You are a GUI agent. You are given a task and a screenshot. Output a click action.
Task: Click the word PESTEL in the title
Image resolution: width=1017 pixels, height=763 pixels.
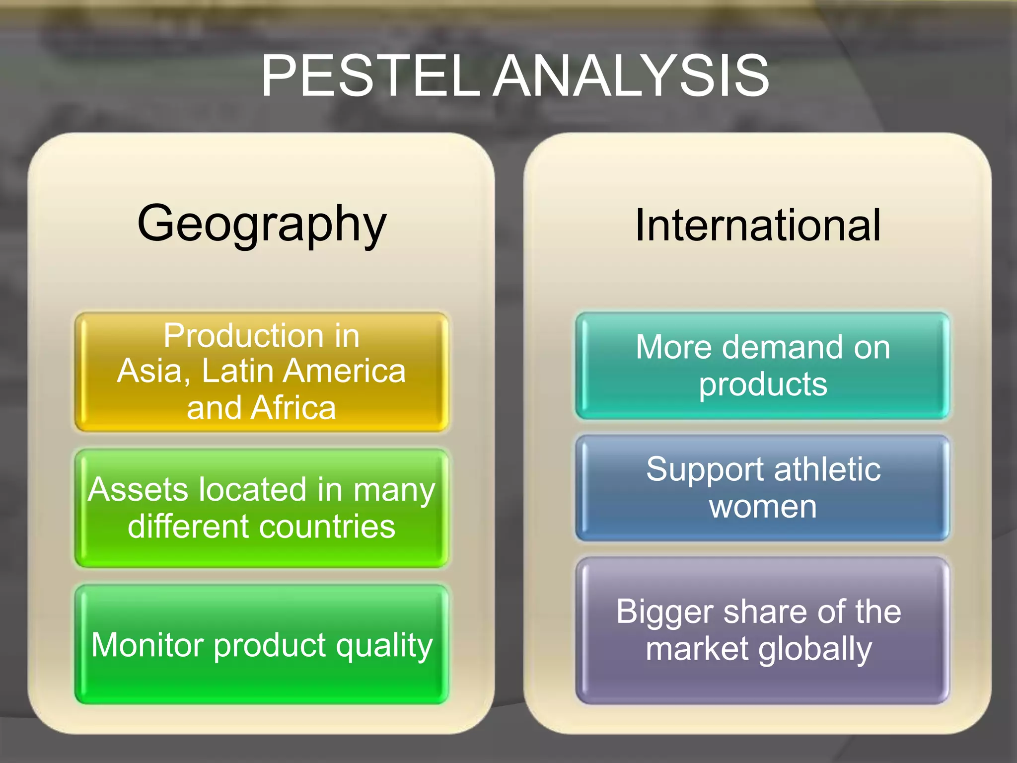point(370,76)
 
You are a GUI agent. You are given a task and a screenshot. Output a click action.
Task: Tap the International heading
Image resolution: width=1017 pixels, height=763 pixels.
point(758,225)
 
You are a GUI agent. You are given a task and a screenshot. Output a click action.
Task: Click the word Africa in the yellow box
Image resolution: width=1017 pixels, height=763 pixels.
point(293,408)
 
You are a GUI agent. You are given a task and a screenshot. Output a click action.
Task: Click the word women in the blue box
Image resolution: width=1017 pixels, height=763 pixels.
point(763,507)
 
